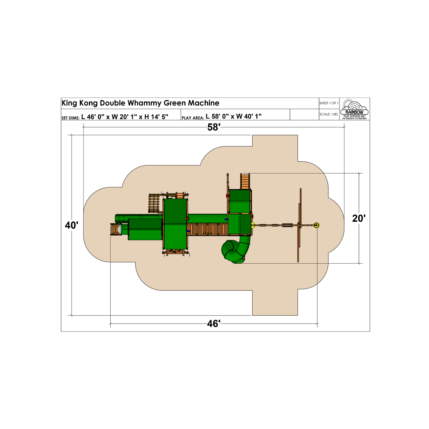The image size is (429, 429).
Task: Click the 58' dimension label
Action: [214, 127]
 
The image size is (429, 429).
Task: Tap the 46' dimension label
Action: [214, 324]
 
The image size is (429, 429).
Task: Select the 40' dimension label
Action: [71, 225]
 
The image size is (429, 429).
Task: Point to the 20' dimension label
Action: [359, 219]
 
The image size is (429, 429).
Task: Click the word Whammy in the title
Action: [144, 103]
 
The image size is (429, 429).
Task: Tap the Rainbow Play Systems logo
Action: [354, 109]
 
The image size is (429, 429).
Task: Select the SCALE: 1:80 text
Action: [328, 114]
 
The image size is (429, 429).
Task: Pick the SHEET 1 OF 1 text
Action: [329, 103]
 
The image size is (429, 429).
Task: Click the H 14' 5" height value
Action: [156, 117]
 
